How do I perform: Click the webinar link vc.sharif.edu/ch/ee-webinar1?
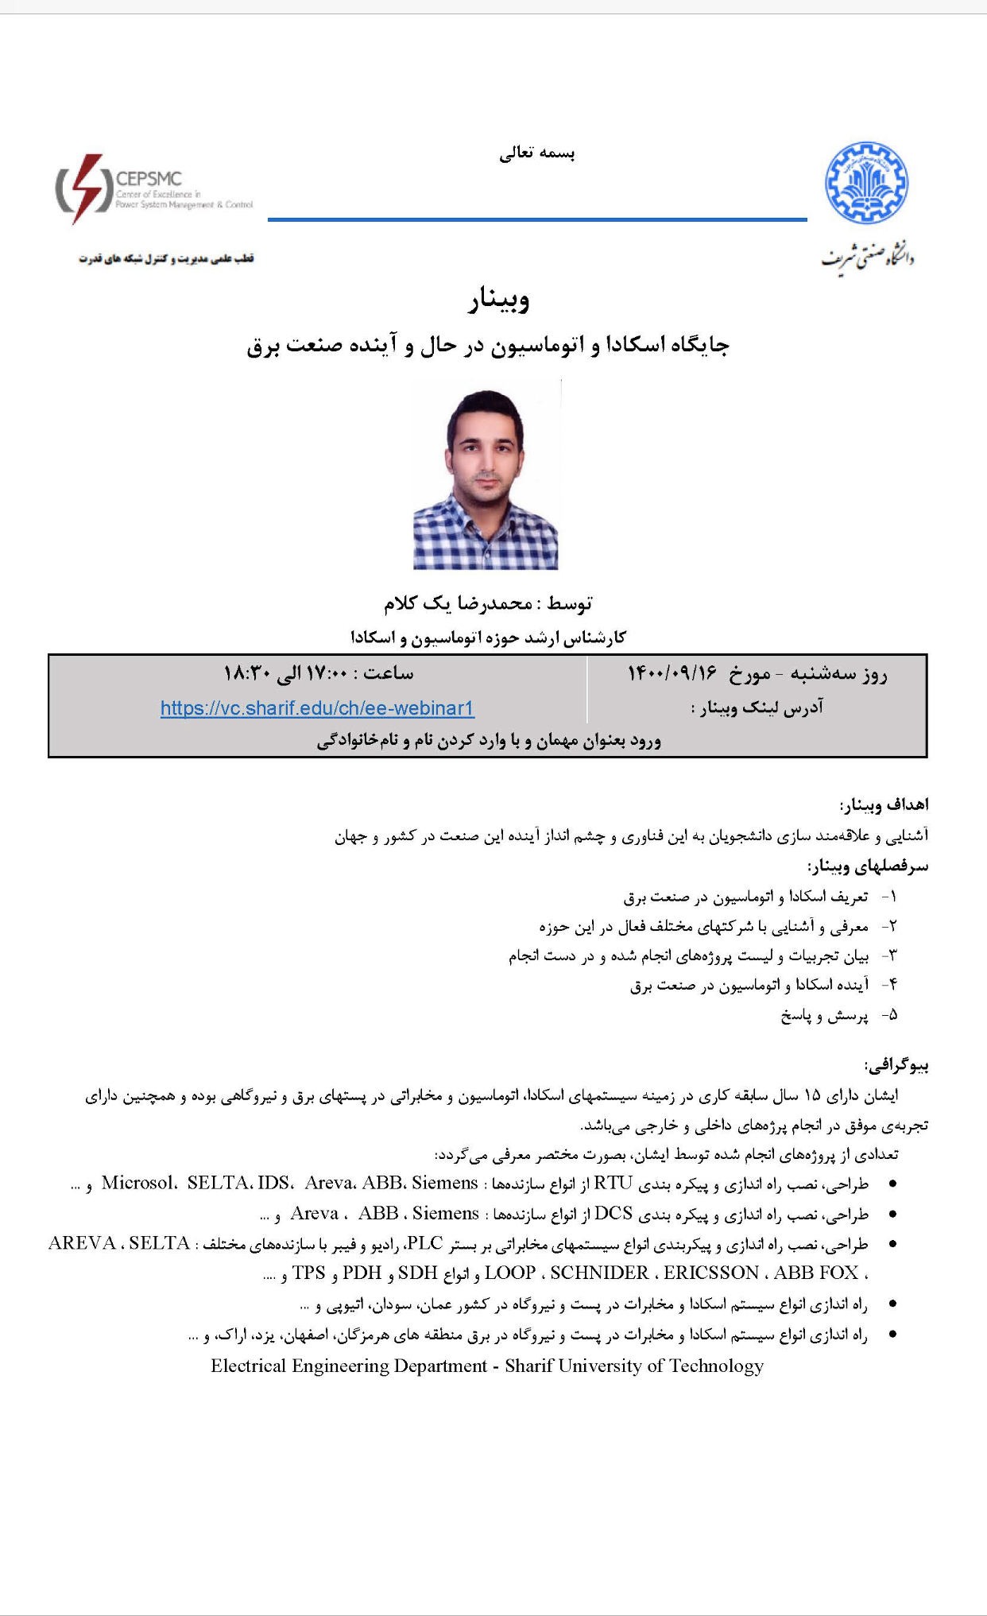coord(317,708)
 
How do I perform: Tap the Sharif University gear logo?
coord(866,184)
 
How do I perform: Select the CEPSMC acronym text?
coord(149,179)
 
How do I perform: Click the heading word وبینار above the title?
coord(498,300)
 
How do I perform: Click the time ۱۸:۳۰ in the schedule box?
coord(247,674)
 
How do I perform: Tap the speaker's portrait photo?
coord(486,475)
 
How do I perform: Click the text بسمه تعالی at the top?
coord(536,153)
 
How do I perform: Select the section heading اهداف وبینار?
coord(884,805)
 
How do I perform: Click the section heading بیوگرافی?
coord(896,1065)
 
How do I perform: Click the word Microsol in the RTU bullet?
coord(138,1183)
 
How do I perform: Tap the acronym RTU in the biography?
coord(613,1183)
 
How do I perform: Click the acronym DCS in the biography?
coord(613,1213)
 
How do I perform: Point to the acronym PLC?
coord(424,1243)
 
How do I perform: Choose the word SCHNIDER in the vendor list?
coord(599,1273)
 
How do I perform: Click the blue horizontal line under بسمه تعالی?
coord(537,219)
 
